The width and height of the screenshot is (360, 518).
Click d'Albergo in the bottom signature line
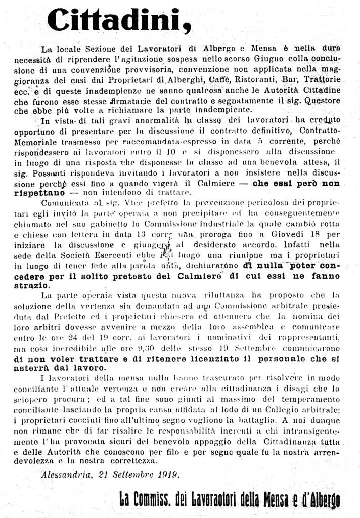[x=317, y=501]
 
